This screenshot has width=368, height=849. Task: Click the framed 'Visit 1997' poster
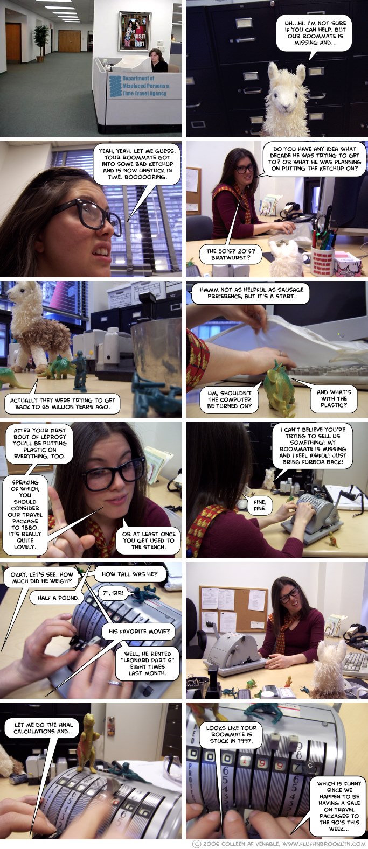coord(134,31)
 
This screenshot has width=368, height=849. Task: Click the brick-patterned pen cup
coord(323,261)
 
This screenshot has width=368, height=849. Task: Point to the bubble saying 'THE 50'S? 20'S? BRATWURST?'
coord(231,254)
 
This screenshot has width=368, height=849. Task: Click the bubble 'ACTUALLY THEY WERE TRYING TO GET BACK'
coord(63,403)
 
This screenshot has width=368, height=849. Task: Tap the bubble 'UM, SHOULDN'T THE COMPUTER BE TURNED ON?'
coord(229,399)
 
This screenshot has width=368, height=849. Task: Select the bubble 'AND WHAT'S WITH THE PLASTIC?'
coord(334,398)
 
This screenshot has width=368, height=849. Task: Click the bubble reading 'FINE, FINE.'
coord(260,505)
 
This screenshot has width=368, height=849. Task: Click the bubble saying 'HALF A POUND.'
coord(58,598)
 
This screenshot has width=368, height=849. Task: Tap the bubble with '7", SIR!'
coord(113,593)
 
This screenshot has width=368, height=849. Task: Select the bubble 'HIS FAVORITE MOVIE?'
coord(139,631)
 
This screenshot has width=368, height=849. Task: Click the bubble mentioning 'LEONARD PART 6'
coord(147,663)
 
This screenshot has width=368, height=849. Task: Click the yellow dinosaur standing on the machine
coord(88,743)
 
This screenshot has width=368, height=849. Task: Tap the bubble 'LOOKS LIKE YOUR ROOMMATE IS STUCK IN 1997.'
coord(231,734)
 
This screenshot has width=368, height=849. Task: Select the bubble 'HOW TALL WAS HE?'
coord(129,574)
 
